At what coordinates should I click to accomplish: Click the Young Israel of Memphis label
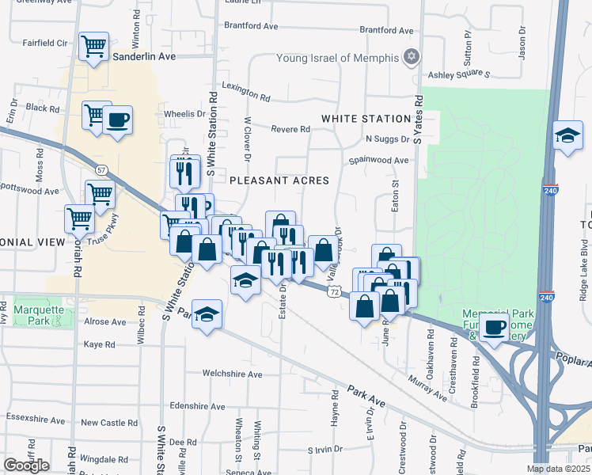coord(337,57)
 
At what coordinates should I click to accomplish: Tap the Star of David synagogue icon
coord(410,56)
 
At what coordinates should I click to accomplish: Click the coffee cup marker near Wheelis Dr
coord(118,120)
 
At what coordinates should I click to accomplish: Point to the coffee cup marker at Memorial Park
coord(494,326)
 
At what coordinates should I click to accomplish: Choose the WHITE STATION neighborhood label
coord(366,119)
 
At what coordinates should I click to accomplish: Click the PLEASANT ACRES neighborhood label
coord(279,180)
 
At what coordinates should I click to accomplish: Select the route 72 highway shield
coord(336,292)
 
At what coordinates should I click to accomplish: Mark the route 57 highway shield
coord(101,169)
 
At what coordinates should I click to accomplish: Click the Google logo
coord(26,465)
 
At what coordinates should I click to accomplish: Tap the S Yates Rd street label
coord(418,119)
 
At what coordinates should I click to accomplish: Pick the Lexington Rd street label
coord(245,91)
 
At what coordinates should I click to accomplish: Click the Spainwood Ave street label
coord(380,160)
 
